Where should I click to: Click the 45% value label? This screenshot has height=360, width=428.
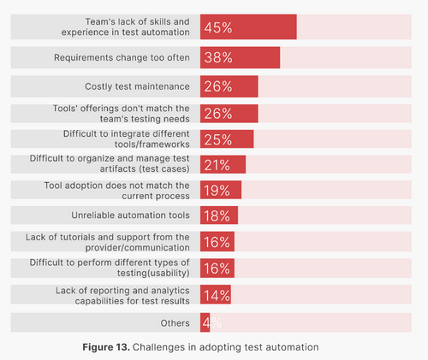218,27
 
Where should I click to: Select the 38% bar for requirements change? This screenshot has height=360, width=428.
240,57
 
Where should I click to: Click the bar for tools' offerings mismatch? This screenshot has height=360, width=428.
229,114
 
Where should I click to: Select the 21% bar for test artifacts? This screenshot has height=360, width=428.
223,164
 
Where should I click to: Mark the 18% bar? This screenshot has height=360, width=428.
219,215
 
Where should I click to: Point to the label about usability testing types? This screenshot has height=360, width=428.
128,268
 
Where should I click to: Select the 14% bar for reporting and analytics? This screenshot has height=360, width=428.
216,296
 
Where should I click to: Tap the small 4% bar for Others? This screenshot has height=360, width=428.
204,322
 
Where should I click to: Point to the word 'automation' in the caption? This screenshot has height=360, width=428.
290,347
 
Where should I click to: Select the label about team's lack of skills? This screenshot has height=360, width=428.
138,27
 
